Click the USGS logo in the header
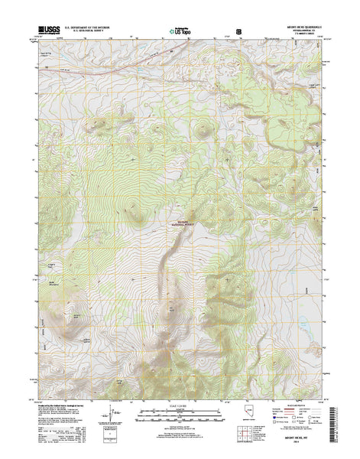(x=45, y=32)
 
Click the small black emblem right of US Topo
(x=240, y=31)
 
